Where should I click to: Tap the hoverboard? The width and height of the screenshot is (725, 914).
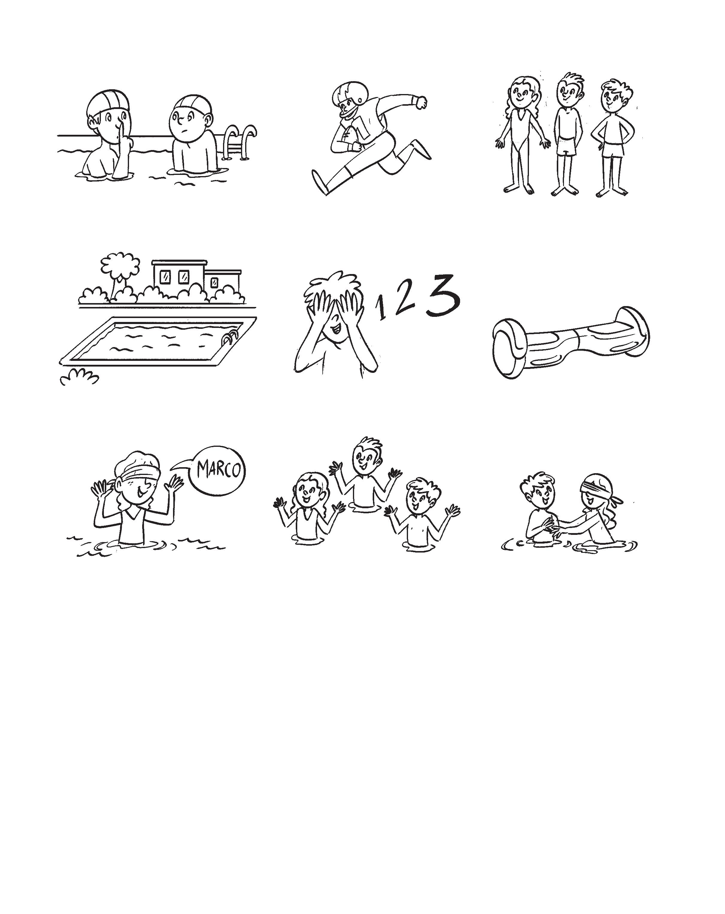571,342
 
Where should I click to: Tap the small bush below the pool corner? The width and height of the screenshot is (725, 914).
79,377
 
